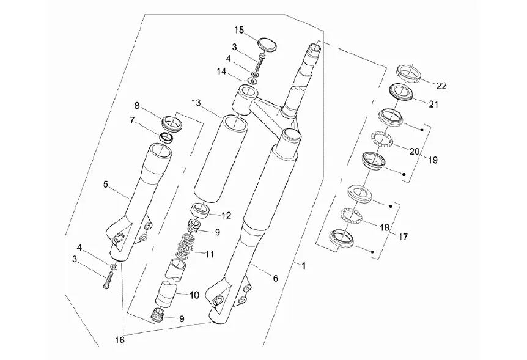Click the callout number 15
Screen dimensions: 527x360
click(239, 30)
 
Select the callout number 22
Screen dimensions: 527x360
click(441, 86)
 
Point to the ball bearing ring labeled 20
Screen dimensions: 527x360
click(382, 139)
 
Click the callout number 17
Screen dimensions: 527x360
click(403, 237)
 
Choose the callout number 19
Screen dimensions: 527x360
click(433, 160)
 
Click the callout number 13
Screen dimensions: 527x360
click(197, 103)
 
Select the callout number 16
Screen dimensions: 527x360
click(120, 340)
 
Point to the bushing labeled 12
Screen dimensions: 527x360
click(201, 211)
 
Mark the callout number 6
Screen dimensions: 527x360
click(275, 278)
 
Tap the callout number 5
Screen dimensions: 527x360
click(106, 184)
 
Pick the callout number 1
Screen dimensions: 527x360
click(303, 266)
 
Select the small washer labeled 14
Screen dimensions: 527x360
click(252, 81)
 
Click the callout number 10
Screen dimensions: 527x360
click(194, 295)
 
